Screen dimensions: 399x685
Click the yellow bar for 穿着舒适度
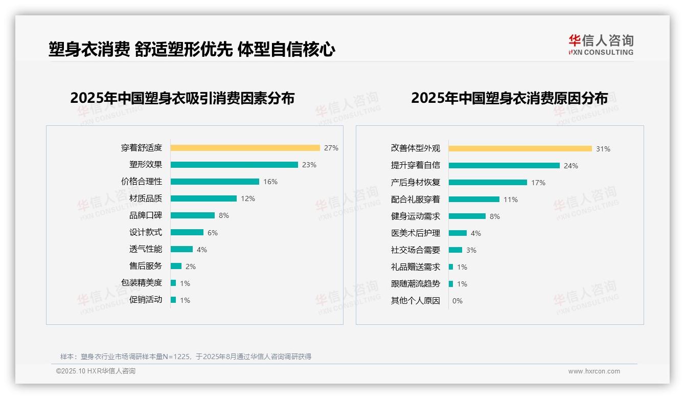pyautogui.click(x=245, y=148)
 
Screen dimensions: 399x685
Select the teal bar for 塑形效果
pyautogui.click(x=234, y=165)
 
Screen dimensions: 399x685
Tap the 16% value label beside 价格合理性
pyautogui.click(x=270, y=182)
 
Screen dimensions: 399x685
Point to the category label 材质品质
pyautogui.click(x=145, y=198)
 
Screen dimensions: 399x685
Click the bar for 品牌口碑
pyautogui.click(x=193, y=215)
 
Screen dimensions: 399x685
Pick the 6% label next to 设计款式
pyautogui.click(x=213, y=233)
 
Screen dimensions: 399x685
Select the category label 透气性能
pyautogui.click(x=145, y=249)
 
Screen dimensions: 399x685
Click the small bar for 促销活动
pyautogui.click(x=173, y=300)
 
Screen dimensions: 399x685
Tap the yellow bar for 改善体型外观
pyautogui.click(x=520, y=149)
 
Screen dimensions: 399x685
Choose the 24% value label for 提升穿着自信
pyautogui.click(x=571, y=166)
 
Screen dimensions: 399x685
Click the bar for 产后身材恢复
pyautogui.click(x=488, y=182)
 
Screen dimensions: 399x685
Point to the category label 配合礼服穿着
pyautogui.click(x=415, y=199)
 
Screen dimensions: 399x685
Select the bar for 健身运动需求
pyautogui.click(x=467, y=216)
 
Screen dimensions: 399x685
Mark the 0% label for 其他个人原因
pyautogui.click(x=458, y=301)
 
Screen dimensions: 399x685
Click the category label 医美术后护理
pyautogui.click(x=415, y=233)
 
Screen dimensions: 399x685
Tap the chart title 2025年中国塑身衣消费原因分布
pyautogui.click(x=509, y=98)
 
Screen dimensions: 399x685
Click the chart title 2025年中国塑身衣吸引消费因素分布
pyautogui.click(x=182, y=98)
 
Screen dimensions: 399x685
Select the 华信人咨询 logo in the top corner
pyautogui.click(x=601, y=45)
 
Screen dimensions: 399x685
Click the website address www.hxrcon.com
pyautogui.click(x=594, y=371)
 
